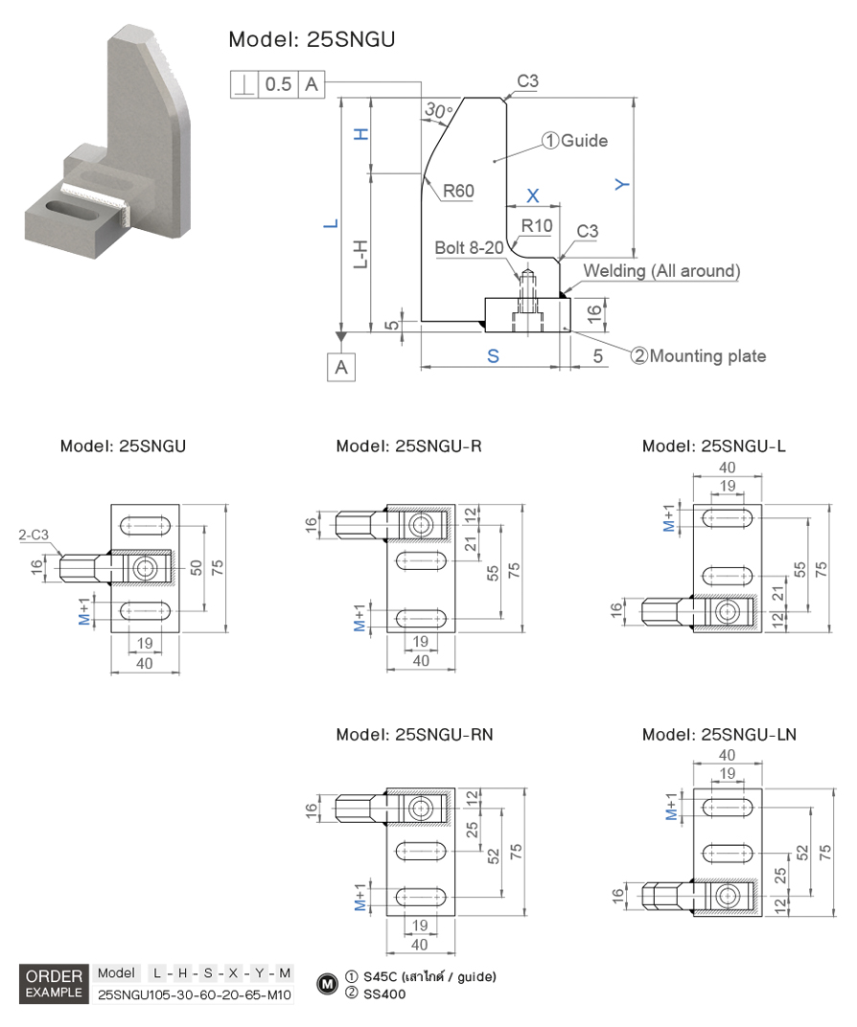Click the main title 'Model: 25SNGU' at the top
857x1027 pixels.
pyautogui.click(x=312, y=39)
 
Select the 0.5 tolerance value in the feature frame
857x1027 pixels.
pyautogui.click(x=278, y=84)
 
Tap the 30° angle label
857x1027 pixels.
pyautogui.click(x=438, y=112)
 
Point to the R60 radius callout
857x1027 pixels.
pyautogui.click(x=458, y=192)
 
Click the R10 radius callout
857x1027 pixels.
pyautogui.click(x=536, y=226)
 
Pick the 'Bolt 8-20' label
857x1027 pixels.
pyautogui.click(x=469, y=248)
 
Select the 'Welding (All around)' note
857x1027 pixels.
pyautogui.click(x=661, y=271)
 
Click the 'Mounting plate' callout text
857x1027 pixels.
pyautogui.click(x=706, y=356)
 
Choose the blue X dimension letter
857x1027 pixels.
pyautogui.click(x=534, y=195)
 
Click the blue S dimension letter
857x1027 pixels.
pyautogui.click(x=493, y=355)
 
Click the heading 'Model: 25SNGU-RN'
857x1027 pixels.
pyautogui.click(x=414, y=735)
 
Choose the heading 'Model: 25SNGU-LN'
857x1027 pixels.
pyautogui.click(x=719, y=735)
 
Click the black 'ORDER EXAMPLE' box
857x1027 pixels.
pyautogui.click(x=55, y=984)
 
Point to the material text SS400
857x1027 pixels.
pyautogui.click(x=384, y=994)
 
